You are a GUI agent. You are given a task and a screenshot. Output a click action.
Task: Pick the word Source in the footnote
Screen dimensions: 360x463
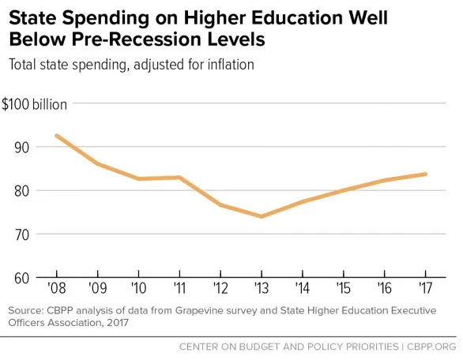click(26, 310)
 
